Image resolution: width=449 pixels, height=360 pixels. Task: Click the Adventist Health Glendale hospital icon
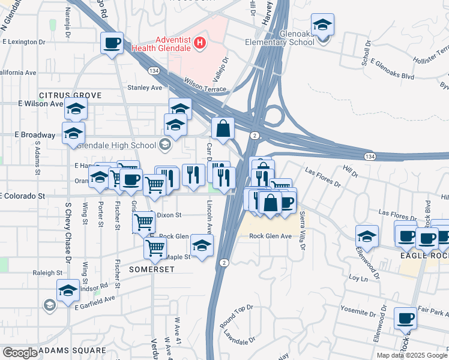[x=200, y=43]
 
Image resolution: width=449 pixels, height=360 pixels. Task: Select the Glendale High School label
[x=125, y=144]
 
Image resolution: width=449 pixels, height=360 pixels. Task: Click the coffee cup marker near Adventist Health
[x=112, y=43]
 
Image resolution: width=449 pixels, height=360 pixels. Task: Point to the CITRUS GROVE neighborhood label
[x=70, y=95]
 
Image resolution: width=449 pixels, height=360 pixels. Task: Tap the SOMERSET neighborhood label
[x=152, y=269]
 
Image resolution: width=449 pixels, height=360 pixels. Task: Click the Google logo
[x=19, y=353]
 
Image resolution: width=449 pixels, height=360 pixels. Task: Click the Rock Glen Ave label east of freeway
[x=270, y=236]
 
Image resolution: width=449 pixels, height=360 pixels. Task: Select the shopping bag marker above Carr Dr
[x=223, y=128]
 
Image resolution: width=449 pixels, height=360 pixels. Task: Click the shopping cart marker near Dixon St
[x=144, y=223]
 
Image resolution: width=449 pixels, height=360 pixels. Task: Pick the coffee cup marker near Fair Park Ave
[x=406, y=318]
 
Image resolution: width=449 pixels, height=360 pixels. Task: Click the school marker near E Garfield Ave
[x=68, y=290]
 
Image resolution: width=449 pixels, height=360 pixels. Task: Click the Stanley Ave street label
[x=145, y=88]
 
